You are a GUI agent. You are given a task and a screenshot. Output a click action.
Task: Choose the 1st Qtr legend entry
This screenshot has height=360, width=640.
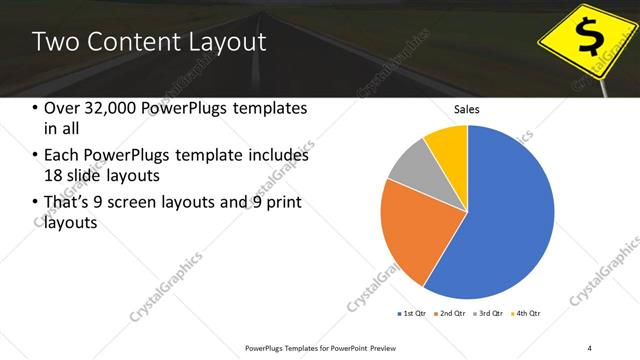tap(413, 313)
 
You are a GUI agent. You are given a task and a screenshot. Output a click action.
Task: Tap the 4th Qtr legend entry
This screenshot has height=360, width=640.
tap(527, 313)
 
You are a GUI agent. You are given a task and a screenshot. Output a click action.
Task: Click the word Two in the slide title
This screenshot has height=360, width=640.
tap(56, 42)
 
